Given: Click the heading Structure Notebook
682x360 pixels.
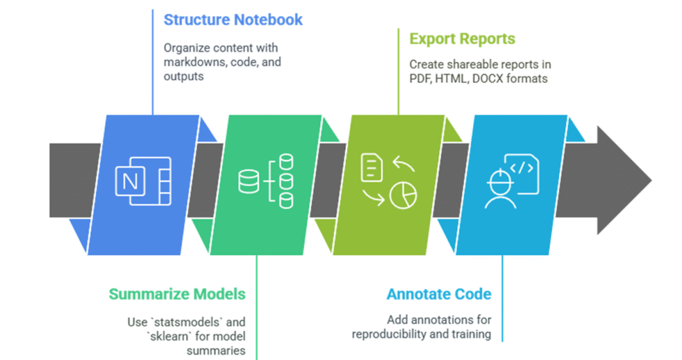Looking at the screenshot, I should (x=233, y=19).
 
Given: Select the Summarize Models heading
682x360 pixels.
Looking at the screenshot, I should (x=177, y=294).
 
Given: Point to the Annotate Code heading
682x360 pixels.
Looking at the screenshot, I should (x=439, y=294).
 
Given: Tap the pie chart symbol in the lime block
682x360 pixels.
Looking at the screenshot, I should (x=403, y=196).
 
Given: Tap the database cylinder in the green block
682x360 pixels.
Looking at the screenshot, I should (x=248, y=182).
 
